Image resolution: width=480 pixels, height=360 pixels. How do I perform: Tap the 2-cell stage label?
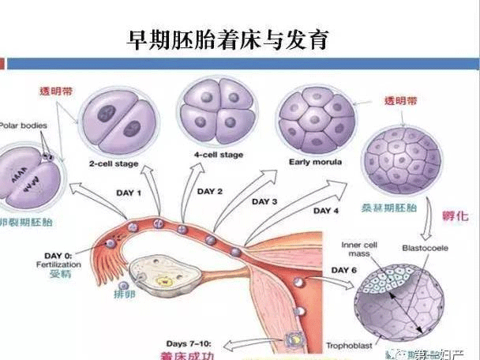pos(114,163)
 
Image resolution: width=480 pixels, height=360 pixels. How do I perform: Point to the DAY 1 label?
pos(129,193)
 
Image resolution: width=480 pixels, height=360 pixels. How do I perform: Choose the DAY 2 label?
pos(210,191)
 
